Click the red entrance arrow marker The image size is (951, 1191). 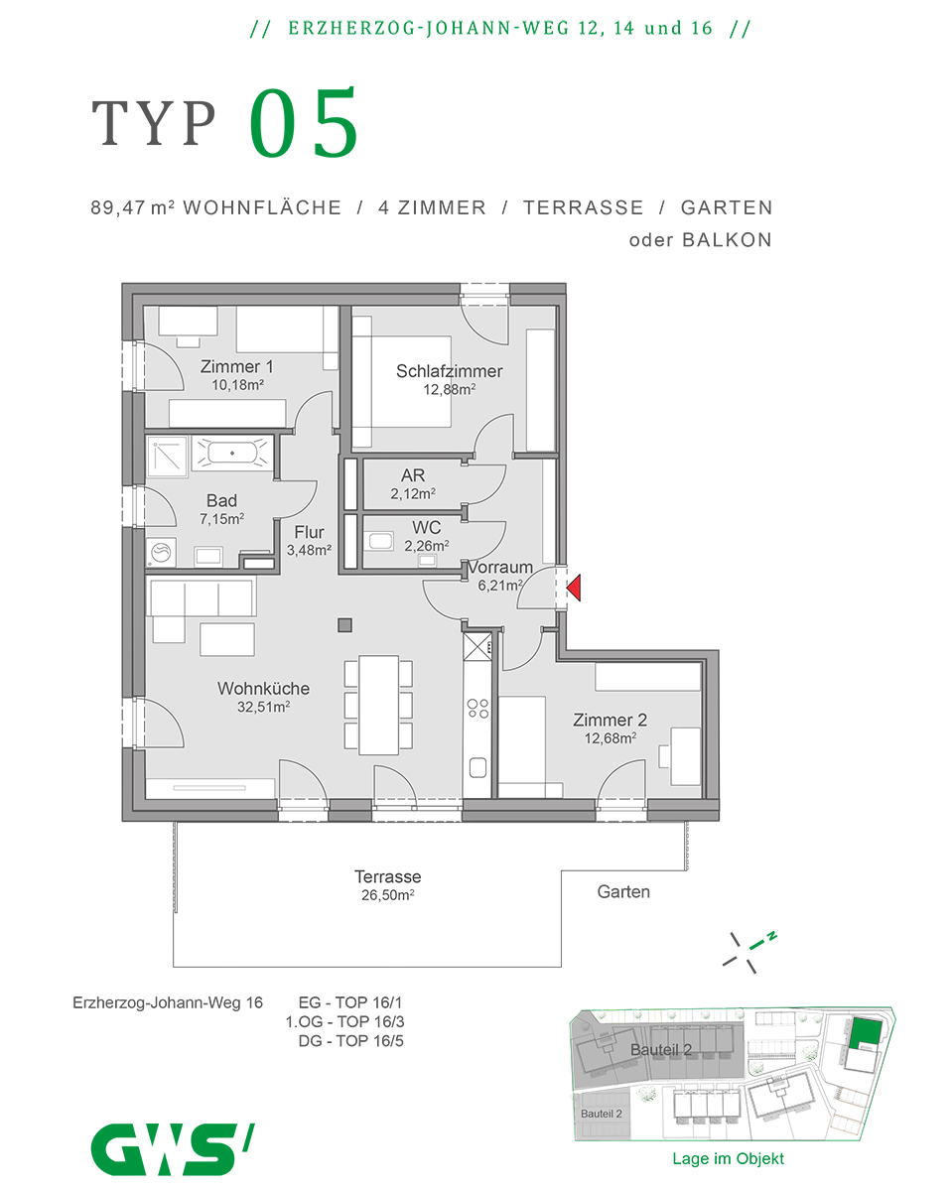[x=574, y=590]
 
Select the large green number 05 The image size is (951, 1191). [x=304, y=124]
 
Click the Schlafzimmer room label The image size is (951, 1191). [x=449, y=371]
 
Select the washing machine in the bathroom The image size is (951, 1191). [x=159, y=554]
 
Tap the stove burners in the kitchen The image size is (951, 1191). [x=477, y=708]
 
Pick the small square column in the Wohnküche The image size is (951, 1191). [x=344, y=625]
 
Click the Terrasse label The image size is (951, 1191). [x=387, y=877]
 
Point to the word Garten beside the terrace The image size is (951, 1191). [x=623, y=891]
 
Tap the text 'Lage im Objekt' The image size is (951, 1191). [x=728, y=1158]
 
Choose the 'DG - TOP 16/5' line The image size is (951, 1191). [x=350, y=1041]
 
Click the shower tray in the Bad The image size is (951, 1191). [x=165, y=454]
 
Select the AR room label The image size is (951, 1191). [x=413, y=476]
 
